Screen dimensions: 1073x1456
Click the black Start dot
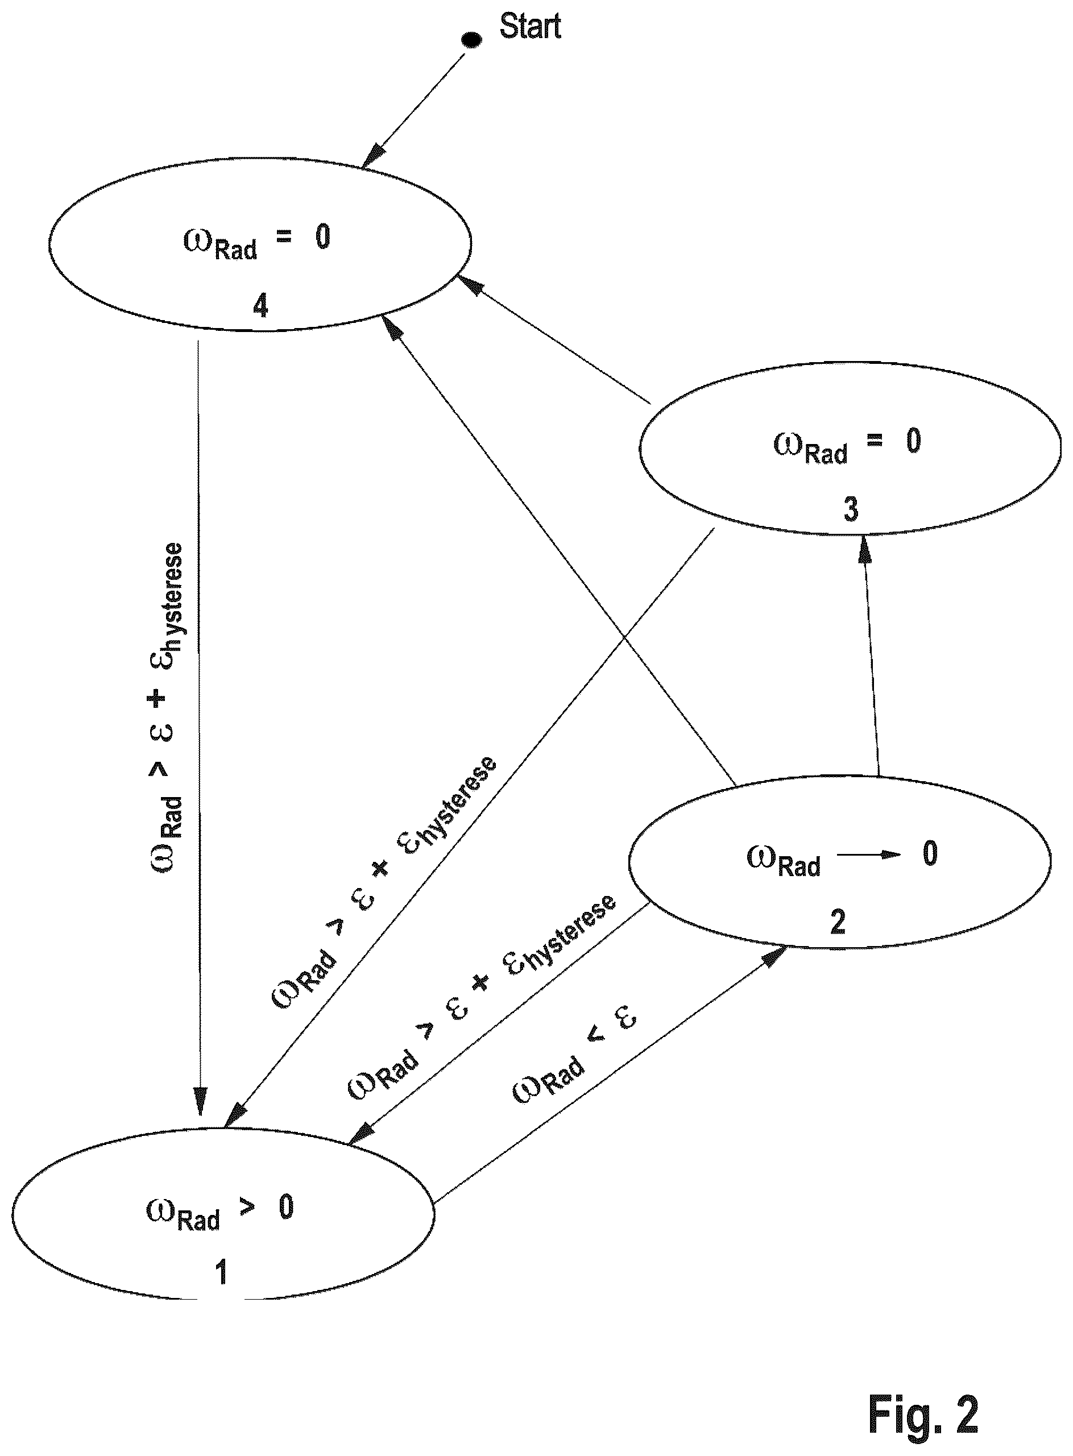(x=471, y=40)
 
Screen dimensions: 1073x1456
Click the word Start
(x=530, y=26)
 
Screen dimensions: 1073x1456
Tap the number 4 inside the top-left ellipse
(x=260, y=305)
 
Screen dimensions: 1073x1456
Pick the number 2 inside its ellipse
(x=838, y=922)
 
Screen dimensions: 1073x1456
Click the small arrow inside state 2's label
(x=869, y=854)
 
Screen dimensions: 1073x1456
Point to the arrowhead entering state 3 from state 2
(x=864, y=549)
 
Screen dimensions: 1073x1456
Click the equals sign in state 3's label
(x=875, y=440)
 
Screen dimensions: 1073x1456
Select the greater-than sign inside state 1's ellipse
(x=247, y=1206)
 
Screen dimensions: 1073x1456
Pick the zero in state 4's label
(x=323, y=237)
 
